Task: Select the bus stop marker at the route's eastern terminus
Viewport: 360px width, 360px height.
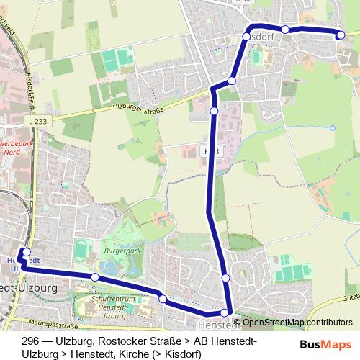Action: [341, 34]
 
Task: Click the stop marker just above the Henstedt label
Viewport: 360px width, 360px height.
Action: [225, 312]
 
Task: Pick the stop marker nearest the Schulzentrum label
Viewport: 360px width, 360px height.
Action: [163, 298]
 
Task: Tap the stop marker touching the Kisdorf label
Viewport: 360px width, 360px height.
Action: [246, 36]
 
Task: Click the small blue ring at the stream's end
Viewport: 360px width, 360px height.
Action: [332, 128]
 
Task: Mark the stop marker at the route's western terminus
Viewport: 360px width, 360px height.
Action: [27, 252]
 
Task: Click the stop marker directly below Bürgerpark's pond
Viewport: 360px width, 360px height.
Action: [94, 277]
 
